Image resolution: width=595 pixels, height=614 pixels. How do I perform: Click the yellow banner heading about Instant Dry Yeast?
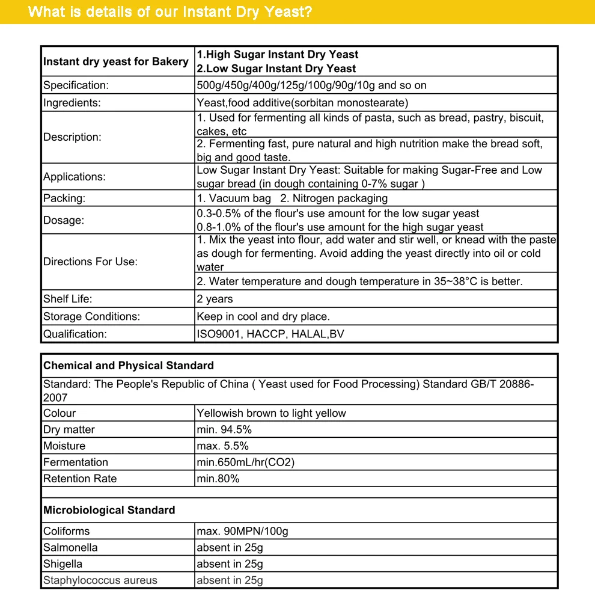[x=170, y=12]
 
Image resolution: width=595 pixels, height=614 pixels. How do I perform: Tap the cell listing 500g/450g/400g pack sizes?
[x=311, y=85]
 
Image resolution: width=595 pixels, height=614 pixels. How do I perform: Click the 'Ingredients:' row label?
[x=72, y=103]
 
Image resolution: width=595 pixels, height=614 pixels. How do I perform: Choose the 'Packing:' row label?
[x=64, y=198]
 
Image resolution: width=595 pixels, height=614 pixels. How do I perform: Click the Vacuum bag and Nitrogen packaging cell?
[x=292, y=198]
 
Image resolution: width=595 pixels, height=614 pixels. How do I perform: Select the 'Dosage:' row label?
[x=64, y=220]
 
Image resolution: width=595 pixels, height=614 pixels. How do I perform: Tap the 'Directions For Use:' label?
[x=90, y=262]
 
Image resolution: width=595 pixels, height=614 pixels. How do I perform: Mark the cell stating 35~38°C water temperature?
[x=359, y=281]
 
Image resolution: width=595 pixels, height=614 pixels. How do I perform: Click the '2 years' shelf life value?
[x=215, y=299]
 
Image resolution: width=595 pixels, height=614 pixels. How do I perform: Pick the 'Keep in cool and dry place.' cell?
[x=263, y=316]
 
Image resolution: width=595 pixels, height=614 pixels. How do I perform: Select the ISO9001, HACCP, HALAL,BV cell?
[x=270, y=334]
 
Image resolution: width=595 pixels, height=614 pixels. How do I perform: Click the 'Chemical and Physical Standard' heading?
[x=129, y=366]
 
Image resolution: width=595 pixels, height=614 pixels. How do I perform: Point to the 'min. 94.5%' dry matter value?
[x=224, y=429]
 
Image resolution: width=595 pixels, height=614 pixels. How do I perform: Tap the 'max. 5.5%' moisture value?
[x=222, y=446]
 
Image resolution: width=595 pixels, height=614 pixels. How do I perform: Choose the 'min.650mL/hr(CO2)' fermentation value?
[x=245, y=462]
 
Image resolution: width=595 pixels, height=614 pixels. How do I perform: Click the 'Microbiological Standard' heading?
[x=109, y=510]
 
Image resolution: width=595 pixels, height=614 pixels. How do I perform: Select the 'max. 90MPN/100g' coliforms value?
[x=242, y=531]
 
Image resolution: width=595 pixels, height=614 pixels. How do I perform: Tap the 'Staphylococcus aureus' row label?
[x=100, y=580]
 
